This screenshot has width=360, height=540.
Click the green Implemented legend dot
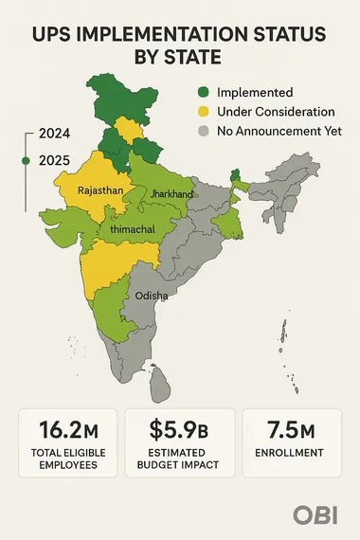tap(203, 93)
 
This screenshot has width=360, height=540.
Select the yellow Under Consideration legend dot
tap(203, 113)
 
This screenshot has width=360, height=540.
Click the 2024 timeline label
tap(48, 135)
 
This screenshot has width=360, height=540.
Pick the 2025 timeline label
tap(48, 162)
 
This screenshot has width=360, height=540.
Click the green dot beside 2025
tap(26, 162)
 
